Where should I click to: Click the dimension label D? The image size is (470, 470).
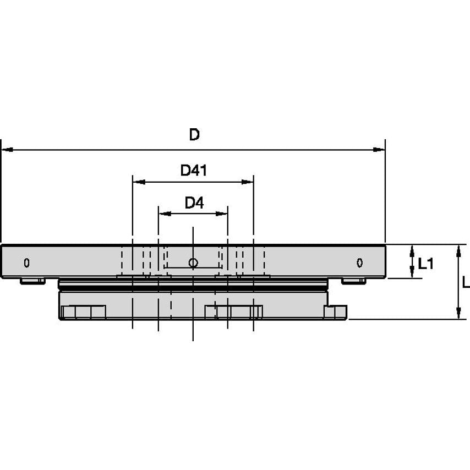[194, 135]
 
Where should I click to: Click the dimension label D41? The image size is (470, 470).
[193, 171]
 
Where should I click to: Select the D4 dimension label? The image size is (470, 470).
[194, 203]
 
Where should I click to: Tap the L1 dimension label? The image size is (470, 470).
[426, 264]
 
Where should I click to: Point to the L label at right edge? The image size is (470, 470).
[466, 282]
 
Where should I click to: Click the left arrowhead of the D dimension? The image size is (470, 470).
[7, 149]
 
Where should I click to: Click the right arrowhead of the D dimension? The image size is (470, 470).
[379, 149]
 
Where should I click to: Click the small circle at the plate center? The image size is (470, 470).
[193, 263]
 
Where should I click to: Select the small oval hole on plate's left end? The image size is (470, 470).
[26, 263]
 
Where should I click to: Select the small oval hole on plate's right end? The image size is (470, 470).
[359, 263]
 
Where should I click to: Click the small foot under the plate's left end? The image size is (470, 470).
[32, 281]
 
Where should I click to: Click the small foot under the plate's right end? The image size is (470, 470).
[353, 281]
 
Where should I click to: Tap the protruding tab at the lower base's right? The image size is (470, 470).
[336, 312]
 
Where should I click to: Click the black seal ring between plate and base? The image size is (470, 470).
[193, 287]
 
